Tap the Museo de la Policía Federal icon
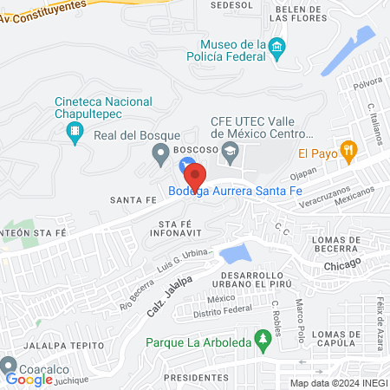coord(276,45)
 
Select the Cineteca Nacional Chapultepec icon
coord(75,132)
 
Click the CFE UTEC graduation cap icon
coord(230,154)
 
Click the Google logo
coord(29,380)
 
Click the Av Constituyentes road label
coord(45,10)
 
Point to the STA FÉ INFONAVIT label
coord(174,228)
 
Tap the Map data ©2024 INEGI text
coord(338,382)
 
